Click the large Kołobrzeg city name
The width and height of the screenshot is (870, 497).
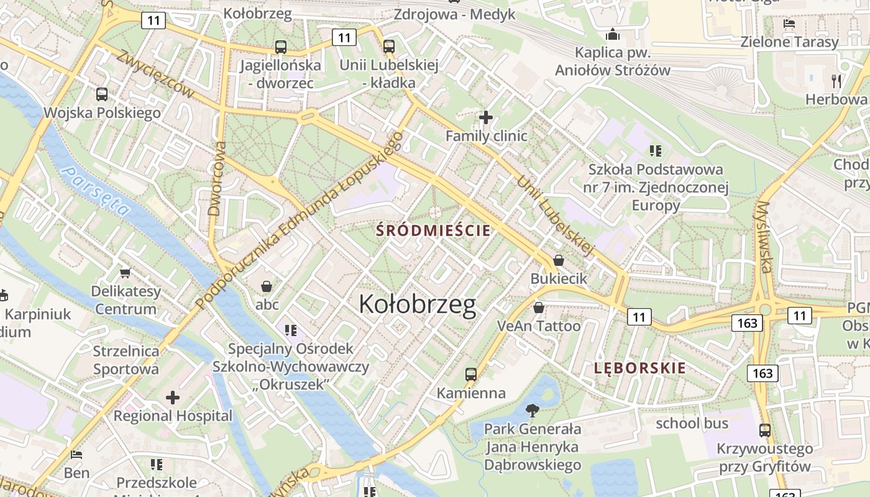(x=418, y=304)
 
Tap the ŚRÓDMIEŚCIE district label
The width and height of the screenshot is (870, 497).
(x=433, y=230)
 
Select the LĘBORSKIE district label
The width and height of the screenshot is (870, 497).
(x=639, y=368)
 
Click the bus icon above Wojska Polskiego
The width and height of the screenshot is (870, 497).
(x=102, y=94)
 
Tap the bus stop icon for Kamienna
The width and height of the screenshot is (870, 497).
(x=471, y=375)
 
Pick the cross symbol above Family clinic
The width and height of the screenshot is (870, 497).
(x=486, y=117)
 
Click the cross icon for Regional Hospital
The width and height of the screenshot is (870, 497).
(x=172, y=397)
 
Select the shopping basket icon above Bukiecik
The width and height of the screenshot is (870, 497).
(x=558, y=260)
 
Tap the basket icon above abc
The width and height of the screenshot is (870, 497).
(x=267, y=286)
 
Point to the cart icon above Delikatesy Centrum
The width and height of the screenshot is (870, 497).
(x=126, y=273)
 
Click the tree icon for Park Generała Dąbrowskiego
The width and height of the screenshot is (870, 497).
(x=532, y=410)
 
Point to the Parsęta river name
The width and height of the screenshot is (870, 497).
(x=97, y=191)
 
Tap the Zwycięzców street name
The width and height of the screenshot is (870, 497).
(x=155, y=73)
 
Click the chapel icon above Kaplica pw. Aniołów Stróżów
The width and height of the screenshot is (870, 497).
(x=613, y=34)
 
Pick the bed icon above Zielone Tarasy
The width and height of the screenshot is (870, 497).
(x=789, y=24)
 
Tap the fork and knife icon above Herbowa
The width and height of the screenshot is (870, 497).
(x=836, y=81)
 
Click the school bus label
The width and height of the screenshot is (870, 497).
(x=692, y=424)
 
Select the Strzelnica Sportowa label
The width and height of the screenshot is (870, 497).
(x=126, y=360)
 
